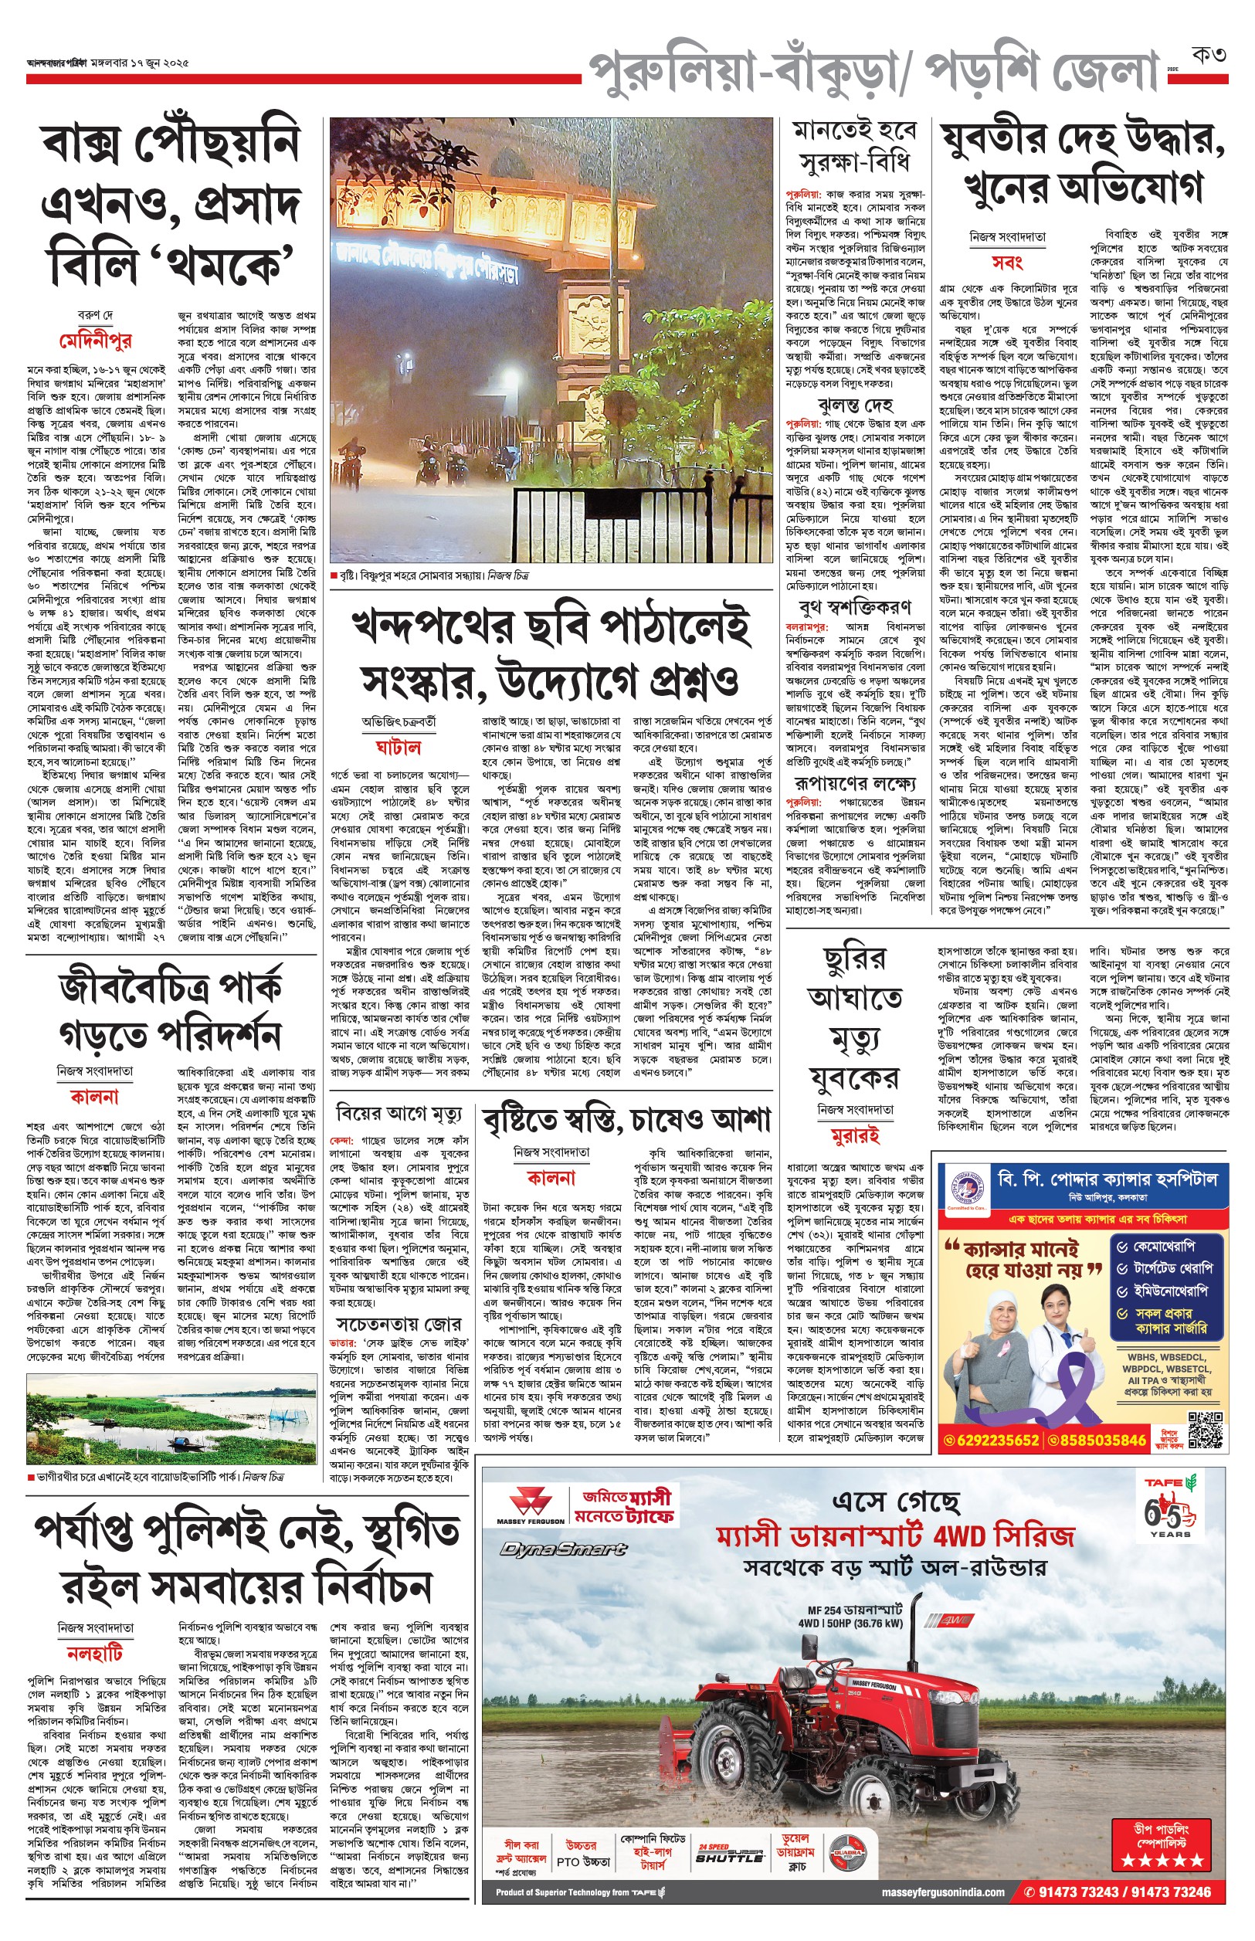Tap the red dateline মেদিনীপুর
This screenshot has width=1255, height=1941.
tap(95, 341)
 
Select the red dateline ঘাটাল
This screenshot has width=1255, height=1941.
tap(398, 745)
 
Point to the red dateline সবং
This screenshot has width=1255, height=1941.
tap(1007, 263)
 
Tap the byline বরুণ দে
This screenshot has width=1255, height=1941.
tap(95, 315)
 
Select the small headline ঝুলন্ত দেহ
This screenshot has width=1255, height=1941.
tap(855, 404)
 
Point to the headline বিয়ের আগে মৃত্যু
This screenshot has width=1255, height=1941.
tap(399, 1113)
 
